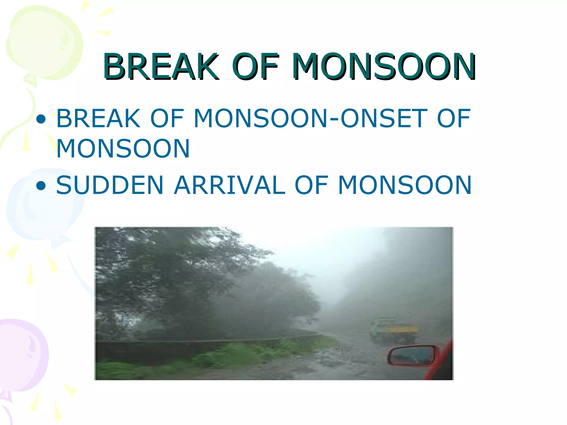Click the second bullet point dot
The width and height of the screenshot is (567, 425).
tap(41, 186)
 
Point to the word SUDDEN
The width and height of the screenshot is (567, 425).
tap(110, 185)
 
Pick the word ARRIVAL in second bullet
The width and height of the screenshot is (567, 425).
tap(230, 185)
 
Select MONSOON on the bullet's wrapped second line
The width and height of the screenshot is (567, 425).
tap(123, 149)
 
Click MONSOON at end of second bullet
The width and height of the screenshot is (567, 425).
tap(405, 185)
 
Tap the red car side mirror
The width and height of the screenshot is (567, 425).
tap(413, 356)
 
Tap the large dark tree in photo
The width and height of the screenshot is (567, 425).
tap(166, 277)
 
